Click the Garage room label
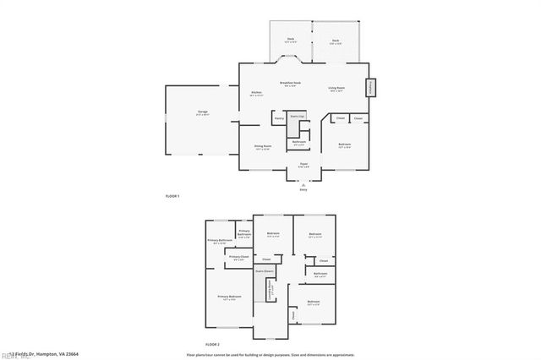203,112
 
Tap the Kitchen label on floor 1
255,93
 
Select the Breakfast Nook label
292,84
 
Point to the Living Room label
337,89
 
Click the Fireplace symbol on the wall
370,88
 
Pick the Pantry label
279,119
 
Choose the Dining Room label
263,147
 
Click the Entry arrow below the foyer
303,184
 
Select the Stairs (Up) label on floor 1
297,116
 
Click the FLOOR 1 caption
172,196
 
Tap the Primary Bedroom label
229,297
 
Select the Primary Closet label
239,257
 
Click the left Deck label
290,41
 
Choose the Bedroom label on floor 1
345,145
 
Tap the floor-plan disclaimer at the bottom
270,354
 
